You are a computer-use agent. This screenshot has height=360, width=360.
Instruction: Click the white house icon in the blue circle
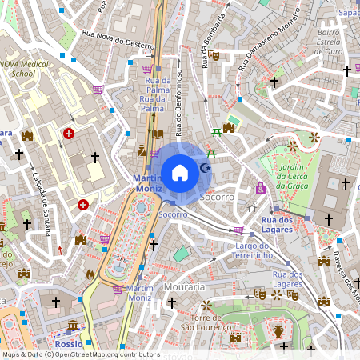click(x=180, y=172)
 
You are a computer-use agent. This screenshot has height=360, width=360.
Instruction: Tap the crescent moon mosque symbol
click(x=206, y=168)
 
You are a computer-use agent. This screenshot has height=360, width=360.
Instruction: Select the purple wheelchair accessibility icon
click(x=260, y=188)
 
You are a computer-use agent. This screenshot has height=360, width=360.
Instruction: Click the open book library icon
click(x=158, y=134)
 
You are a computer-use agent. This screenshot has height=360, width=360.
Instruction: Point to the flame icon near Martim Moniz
click(x=90, y=274)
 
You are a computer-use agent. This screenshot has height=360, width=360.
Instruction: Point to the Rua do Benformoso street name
click(x=180, y=105)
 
